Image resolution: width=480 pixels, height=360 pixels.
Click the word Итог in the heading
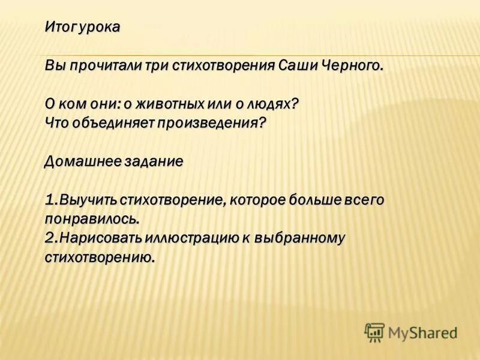click(x=58, y=28)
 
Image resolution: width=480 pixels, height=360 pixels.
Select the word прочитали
click(x=101, y=65)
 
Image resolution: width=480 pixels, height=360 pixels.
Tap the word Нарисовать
click(x=100, y=238)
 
